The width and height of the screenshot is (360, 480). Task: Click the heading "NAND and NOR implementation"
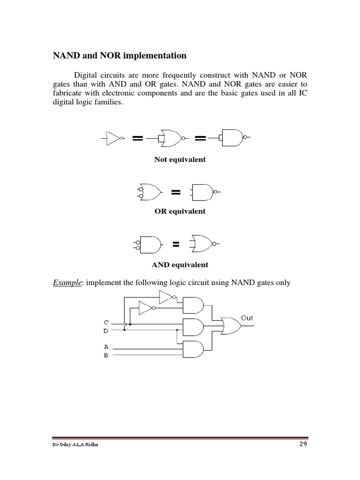(x=119, y=56)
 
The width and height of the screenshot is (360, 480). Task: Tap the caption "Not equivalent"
(x=180, y=160)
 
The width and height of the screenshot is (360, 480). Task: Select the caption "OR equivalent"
(x=180, y=211)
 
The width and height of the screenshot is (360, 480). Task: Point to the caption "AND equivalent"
(x=180, y=265)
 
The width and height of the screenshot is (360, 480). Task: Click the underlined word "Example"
(x=67, y=283)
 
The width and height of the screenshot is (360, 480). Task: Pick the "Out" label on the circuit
(x=247, y=318)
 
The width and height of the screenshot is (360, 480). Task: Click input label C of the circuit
(x=106, y=322)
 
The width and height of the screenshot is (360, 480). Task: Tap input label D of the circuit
(x=106, y=330)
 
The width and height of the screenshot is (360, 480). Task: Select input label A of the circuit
(x=106, y=347)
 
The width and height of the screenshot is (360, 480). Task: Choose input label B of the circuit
(x=106, y=355)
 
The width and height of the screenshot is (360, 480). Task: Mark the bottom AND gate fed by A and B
(x=193, y=349)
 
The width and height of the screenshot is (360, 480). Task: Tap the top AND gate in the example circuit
(x=193, y=305)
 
